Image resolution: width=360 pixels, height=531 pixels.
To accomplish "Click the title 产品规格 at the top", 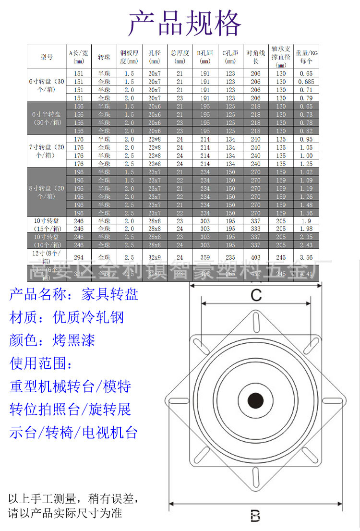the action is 185,23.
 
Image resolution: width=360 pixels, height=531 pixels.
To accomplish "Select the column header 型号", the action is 47,57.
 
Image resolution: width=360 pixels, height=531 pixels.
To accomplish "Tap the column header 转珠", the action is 104,57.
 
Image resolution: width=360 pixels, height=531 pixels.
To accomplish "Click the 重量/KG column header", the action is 306,57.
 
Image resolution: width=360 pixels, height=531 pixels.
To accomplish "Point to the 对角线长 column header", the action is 255,57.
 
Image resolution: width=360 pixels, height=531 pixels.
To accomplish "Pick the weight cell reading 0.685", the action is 306,82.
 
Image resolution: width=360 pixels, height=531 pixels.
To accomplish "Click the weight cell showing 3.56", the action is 306,257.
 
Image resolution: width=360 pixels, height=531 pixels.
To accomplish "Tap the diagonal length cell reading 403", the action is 255,257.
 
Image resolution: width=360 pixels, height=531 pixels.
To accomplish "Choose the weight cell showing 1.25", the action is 306,164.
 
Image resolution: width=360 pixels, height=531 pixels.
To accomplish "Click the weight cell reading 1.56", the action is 306,213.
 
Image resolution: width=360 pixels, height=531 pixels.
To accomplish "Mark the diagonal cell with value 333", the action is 255,229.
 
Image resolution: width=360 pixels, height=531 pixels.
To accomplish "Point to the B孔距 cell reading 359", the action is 204,257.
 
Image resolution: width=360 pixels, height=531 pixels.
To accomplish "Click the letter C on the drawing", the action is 256,295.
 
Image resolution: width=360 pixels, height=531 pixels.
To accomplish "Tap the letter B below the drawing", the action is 255,516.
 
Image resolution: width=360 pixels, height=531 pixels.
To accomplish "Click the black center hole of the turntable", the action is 255,399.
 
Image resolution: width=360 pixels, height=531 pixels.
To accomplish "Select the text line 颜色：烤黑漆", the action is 52,340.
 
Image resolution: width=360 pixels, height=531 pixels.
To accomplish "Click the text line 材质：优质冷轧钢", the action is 67,317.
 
